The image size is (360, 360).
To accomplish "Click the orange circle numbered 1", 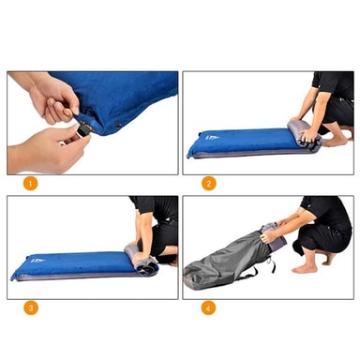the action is pos(30,184).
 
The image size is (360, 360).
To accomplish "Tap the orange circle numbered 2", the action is pos(208,184).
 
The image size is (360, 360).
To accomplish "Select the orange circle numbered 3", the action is pos(30,308).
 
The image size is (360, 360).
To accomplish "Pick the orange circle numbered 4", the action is pos(208,308).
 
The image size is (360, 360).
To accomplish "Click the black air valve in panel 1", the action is pos(84,129).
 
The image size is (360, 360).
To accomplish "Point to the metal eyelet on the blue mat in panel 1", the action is pos(118,125).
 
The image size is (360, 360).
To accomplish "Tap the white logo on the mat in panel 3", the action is pos(37,260).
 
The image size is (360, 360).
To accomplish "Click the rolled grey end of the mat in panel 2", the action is pos(305,137).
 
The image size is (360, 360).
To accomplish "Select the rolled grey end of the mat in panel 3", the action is pos(141,261).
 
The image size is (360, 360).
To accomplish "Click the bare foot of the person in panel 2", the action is pos(335,142).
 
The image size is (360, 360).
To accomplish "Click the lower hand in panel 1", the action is pos(50,149).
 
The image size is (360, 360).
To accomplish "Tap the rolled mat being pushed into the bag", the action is pos(274,237).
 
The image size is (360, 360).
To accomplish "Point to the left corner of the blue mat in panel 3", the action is pos(12,277).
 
